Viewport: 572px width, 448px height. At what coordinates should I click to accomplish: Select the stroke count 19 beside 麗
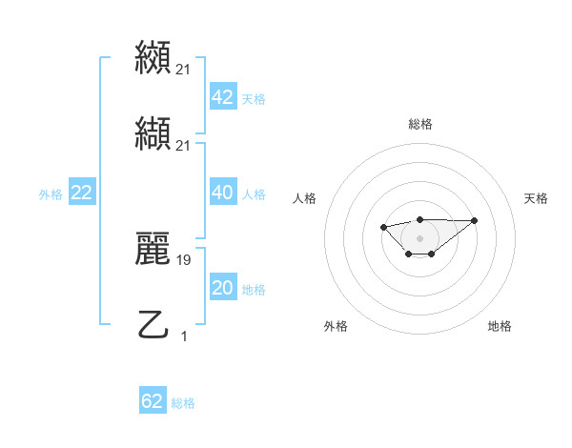(x=184, y=258)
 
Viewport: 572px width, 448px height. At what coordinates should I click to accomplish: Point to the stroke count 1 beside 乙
(x=184, y=336)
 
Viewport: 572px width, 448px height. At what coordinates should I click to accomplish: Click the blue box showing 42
(x=222, y=97)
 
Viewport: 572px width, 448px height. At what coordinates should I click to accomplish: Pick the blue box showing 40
(x=222, y=193)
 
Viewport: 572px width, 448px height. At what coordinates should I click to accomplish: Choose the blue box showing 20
(x=222, y=288)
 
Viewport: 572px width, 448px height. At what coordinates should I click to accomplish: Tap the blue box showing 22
(x=81, y=193)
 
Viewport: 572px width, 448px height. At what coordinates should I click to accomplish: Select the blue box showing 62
(x=153, y=401)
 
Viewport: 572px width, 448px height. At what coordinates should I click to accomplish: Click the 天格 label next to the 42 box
(x=254, y=99)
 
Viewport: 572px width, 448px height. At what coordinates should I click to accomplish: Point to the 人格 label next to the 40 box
(x=254, y=194)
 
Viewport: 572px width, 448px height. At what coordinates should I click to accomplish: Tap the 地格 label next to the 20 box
(x=254, y=290)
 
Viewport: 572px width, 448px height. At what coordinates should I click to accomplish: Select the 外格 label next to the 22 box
(x=51, y=194)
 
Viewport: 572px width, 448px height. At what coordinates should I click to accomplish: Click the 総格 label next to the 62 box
(x=183, y=403)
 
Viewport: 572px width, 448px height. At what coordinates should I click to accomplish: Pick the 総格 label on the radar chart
(x=420, y=124)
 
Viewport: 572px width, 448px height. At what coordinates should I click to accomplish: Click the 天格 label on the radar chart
(x=537, y=198)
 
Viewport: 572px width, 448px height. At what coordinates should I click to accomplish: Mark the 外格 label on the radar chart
(x=336, y=326)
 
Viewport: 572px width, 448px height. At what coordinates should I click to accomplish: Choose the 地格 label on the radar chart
(x=500, y=326)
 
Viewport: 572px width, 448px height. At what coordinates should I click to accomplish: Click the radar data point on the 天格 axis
(x=475, y=220)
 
